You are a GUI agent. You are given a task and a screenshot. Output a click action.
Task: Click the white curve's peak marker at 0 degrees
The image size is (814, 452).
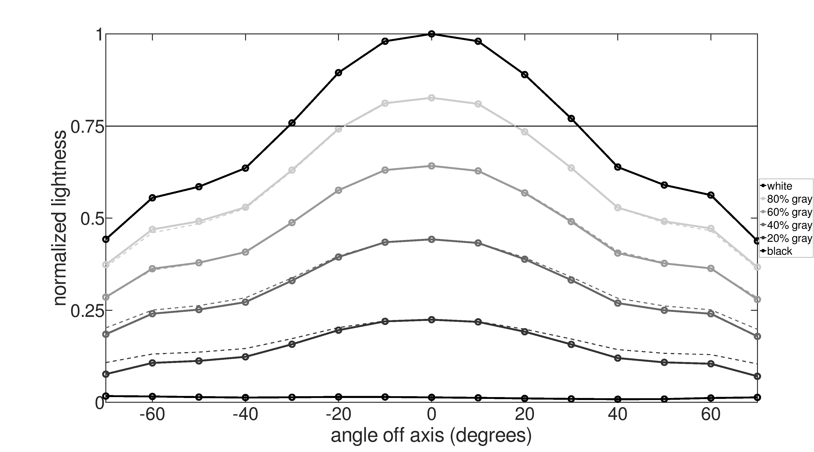[x=432, y=34]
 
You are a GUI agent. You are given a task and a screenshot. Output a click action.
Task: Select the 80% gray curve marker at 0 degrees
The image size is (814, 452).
[x=432, y=98]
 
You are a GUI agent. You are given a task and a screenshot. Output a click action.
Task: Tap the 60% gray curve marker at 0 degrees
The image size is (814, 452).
[x=432, y=166]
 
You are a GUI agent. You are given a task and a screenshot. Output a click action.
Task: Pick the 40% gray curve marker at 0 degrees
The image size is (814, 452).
[x=432, y=239]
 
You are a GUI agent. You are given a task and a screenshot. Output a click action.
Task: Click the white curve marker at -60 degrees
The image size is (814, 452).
[x=152, y=198]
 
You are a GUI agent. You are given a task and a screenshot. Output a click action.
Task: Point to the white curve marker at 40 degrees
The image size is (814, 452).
[x=618, y=167]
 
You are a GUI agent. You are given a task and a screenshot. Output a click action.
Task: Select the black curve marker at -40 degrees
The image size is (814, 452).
[x=246, y=397]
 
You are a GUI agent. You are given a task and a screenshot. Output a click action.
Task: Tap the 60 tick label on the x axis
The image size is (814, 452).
[x=711, y=415]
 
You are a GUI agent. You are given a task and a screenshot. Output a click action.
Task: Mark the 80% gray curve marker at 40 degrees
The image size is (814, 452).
[x=618, y=208]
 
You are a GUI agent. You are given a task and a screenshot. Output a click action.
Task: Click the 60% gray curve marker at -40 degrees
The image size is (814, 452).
[x=246, y=252]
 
